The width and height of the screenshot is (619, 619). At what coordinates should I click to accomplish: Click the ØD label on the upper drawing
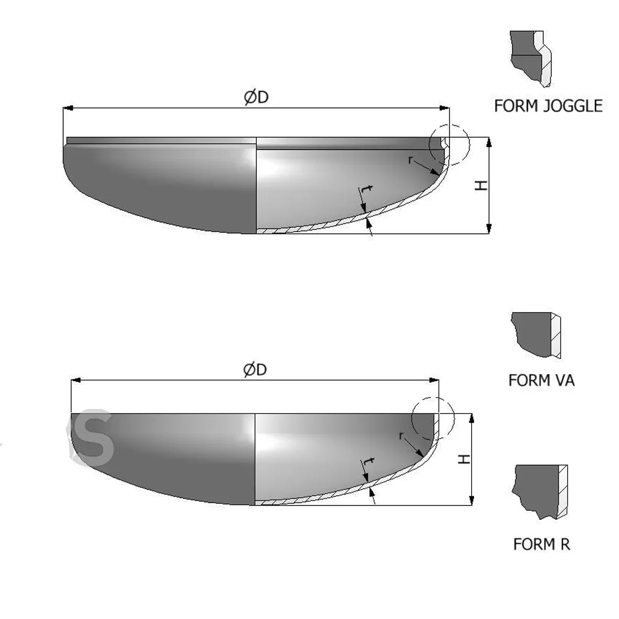(256, 97)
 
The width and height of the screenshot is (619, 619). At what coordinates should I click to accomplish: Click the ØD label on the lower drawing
(255, 370)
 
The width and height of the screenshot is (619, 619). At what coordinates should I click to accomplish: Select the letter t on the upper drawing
(367, 190)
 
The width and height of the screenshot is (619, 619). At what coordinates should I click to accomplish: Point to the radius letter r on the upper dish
(410, 159)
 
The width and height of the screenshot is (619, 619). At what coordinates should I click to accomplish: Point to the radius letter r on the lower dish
(401, 436)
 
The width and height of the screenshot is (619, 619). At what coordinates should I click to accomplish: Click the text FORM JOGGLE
(549, 106)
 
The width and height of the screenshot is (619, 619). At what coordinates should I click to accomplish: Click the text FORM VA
(541, 381)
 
